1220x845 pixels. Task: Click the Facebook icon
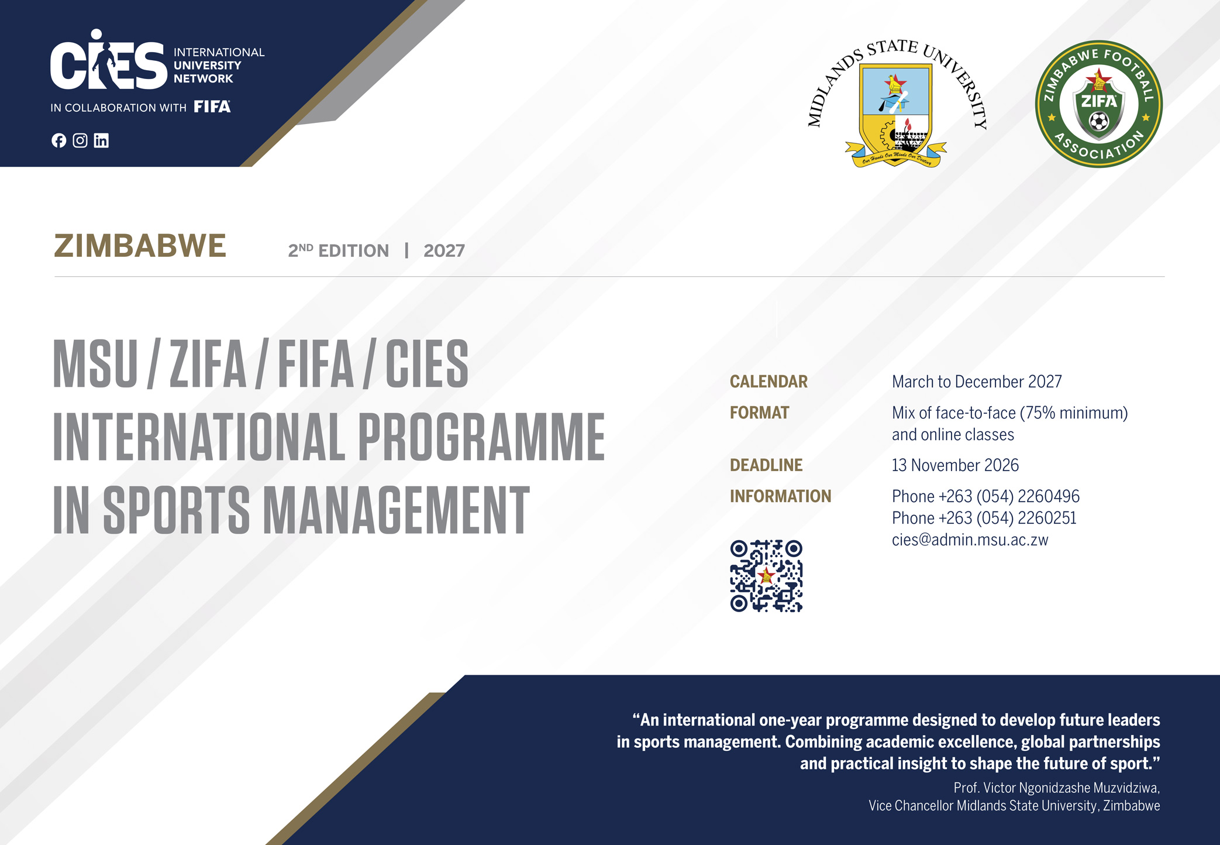[x=58, y=140]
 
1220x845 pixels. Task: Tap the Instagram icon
[x=80, y=140]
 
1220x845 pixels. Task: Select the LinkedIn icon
[x=101, y=140]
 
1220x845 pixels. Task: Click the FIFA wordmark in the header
[x=212, y=107]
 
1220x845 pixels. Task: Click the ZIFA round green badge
[x=1099, y=104]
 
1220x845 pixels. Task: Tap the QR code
[x=766, y=576]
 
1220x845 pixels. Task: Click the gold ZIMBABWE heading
[x=140, y=246]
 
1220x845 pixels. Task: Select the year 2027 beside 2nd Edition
[x=444, y=250]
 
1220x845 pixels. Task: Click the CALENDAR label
[x=768, y=382]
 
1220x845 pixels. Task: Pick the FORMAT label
[x=759, y=413]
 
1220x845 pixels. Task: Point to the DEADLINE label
[x=766, y=465]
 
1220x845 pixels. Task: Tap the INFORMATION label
[x=780, y=496]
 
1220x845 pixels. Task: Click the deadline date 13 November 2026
[x=955, y=465]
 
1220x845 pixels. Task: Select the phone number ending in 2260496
[x=985, y=496]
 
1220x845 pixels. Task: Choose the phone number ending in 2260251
[x=984, y=518]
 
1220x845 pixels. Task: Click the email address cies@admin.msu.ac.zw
[x=970, y=540]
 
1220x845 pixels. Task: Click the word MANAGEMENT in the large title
[x=396, y=509]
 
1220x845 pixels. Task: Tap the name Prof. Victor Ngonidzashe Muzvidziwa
[x=1056, y=788]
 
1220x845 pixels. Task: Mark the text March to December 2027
[x=977, y=382]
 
